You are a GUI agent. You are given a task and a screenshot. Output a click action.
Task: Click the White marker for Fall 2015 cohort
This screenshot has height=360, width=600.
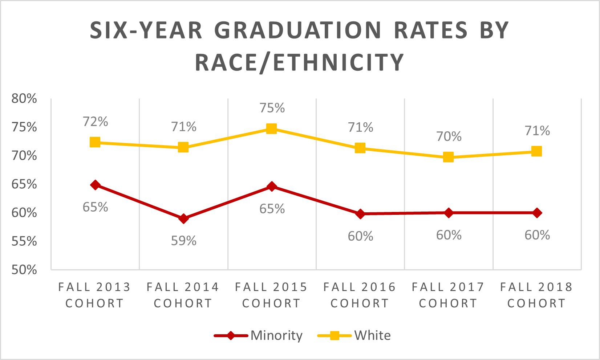[271, 128]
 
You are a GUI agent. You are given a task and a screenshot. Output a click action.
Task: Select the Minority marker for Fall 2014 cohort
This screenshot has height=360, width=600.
[183, 218]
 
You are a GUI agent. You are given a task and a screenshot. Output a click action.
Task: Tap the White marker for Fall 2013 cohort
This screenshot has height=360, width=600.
[95, 142]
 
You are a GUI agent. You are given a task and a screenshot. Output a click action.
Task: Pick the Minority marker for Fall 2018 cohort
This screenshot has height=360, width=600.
[537, 213]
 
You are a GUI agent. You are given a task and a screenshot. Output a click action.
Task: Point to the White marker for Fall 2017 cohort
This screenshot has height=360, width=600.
[448, 157]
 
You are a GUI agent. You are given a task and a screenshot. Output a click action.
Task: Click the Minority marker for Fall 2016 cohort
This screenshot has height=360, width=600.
[360, 214]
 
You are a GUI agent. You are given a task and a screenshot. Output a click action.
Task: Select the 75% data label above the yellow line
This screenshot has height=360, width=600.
[272, 108]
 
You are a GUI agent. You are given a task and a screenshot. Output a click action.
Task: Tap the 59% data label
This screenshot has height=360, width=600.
[184, 241]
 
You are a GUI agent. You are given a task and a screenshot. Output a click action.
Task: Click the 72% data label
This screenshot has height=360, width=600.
[96, 122]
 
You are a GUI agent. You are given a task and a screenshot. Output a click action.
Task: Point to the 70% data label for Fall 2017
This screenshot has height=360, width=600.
[449, 136]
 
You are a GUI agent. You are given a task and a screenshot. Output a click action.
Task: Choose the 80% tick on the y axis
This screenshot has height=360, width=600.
[24, 98]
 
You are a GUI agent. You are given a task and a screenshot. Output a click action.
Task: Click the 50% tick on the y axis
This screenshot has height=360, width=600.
[24, 270]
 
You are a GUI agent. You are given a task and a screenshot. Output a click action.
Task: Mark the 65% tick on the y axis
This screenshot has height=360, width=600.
[24, 184]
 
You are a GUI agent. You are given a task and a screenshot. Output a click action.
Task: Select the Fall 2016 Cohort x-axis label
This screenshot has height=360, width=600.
[360, 295]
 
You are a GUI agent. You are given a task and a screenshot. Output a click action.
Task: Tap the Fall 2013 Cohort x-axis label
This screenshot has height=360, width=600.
[94, 295]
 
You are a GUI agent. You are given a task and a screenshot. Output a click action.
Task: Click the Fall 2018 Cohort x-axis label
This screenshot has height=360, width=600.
[536, 295]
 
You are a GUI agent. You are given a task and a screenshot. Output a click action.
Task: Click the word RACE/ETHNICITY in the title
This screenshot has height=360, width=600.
[300, 62]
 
